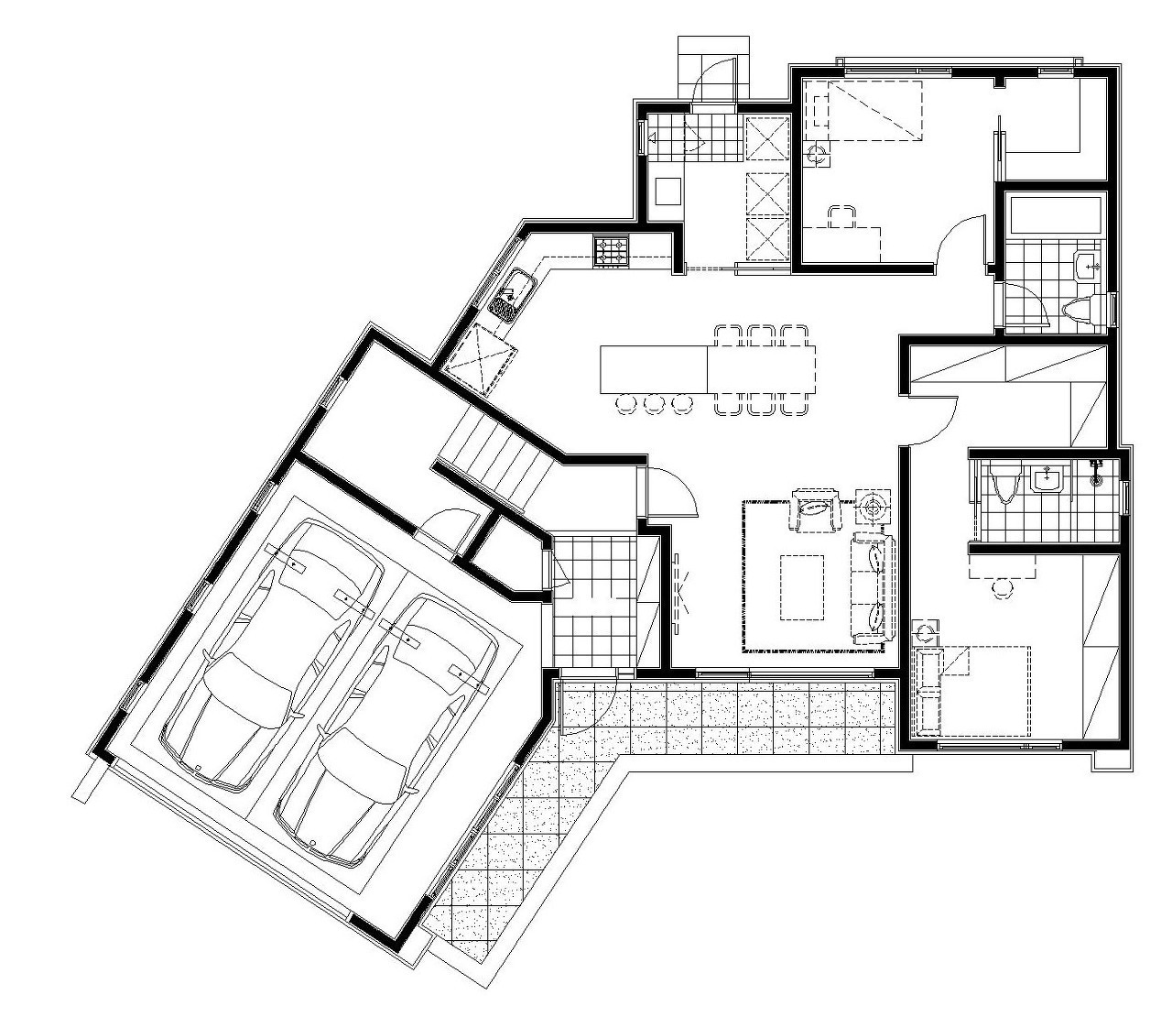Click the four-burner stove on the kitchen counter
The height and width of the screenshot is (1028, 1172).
coord(612,251)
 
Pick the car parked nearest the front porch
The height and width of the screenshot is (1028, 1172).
coord(389,728)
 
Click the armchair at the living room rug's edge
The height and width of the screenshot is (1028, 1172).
coord(817,509)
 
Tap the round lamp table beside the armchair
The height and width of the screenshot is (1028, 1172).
coord(873,505)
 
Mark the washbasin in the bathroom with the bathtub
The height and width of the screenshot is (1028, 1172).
coord(1088,267)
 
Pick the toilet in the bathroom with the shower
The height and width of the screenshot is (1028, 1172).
coord(1004,483)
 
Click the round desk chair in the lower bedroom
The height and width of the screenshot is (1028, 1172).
coord(1004,587)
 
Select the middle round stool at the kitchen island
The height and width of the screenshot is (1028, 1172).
coord(653,402)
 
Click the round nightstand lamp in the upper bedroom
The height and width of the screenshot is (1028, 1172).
coord(818,155)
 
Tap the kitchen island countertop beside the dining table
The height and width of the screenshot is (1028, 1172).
coord(654,367)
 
